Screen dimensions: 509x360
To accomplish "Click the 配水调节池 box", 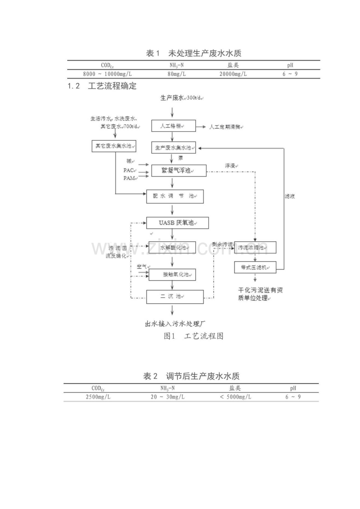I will click(x=175, y=196).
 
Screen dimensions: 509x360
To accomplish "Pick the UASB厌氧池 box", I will click(x=178, y=223).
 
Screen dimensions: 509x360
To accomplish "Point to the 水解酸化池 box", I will click(x=173, y=247).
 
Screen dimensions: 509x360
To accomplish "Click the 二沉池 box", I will click(x=175, y=297).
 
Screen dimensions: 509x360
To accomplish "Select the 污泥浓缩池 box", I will click(x=255, y=247).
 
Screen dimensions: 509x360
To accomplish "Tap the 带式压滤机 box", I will click(x=255, y=267).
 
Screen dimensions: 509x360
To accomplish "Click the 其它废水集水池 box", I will click(x=113, y=147).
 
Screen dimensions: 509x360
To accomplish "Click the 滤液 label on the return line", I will click(x=290, y=197).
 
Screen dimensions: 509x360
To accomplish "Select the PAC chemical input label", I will click(x=129, y=170).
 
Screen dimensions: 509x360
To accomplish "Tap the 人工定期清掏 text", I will click(x=225, y=127).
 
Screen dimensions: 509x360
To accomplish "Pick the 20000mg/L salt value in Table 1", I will click(x=233, y=73).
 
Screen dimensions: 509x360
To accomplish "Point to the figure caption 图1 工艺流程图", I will click(x=193, y=336).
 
